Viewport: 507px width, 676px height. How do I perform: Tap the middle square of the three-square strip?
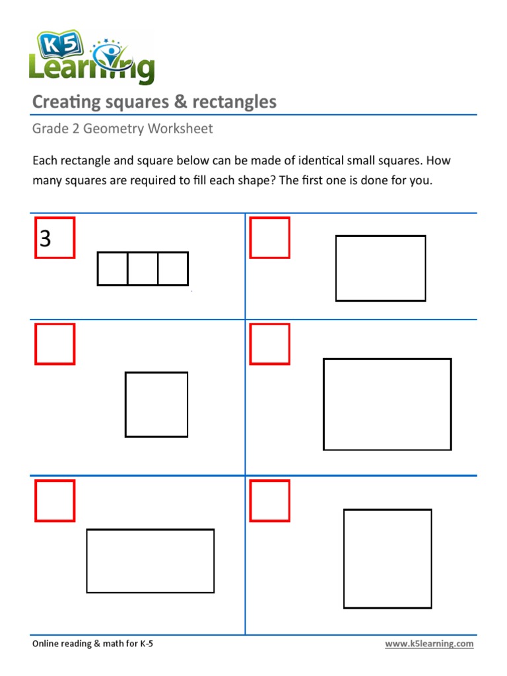pyautogui.click(x=143, y=269)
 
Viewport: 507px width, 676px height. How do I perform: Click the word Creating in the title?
pyautogui.click(x=66, y=102)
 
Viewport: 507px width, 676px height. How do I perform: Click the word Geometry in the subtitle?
pyautogui.click(x=118, y=129)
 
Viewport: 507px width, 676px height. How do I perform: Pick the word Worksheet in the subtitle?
pyautogui.click(x=180, y=129)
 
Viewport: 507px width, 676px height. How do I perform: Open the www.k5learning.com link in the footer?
pyautogui.click(x=429, y=644)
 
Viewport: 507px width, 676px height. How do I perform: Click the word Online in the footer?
pyautogui.click(x=47, y=644)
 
